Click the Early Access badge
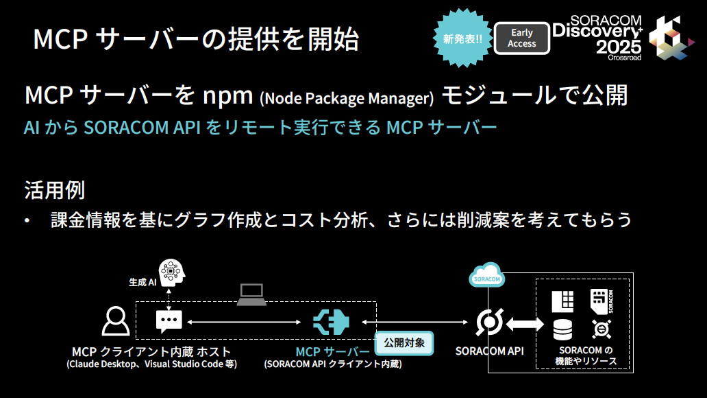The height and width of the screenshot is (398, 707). (521, 38)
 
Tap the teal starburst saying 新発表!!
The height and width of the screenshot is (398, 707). (462, 38)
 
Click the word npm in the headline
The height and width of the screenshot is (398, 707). (229, 95)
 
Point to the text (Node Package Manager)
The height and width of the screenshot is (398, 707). (347, 99)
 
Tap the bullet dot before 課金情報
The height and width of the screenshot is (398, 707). (27, 221)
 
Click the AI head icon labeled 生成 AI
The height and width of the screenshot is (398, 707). (171, 272)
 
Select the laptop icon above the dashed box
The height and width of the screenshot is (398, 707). (251, 294)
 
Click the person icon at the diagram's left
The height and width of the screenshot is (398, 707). (115, 320)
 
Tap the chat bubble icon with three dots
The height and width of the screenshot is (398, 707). (169, 320)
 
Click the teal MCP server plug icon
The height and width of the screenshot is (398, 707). (332, 321)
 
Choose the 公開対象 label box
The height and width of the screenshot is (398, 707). (404, 342)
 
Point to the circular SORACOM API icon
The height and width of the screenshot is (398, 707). (489, 321)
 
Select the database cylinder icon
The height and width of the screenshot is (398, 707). (562, 329)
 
